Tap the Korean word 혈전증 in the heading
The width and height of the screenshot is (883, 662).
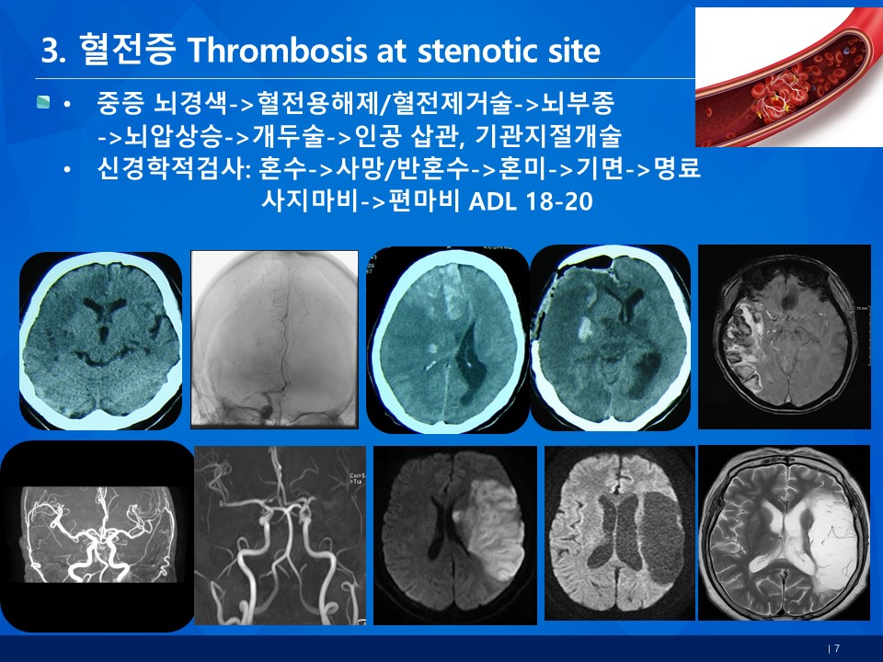(x=127, y=50)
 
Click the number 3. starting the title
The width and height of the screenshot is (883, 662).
(x=53, y=51)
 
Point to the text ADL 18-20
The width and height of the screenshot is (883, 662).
(x=531, y=201)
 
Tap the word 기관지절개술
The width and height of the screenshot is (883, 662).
(x=547, y=135)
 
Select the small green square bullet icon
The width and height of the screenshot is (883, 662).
(x=43, y=102)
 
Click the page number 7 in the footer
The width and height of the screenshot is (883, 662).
(x=837, y=648)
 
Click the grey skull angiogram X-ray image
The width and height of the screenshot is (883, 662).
(x=274, y=339)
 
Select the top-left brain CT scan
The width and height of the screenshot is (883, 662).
(x=101, y=340)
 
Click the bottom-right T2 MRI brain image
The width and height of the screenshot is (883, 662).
(x=785, y=532)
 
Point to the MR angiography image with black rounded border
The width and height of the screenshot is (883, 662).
(x=97, y=536)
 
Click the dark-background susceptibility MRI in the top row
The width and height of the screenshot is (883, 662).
(x=785, y=337)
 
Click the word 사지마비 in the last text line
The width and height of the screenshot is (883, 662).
(x=309, y=201)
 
